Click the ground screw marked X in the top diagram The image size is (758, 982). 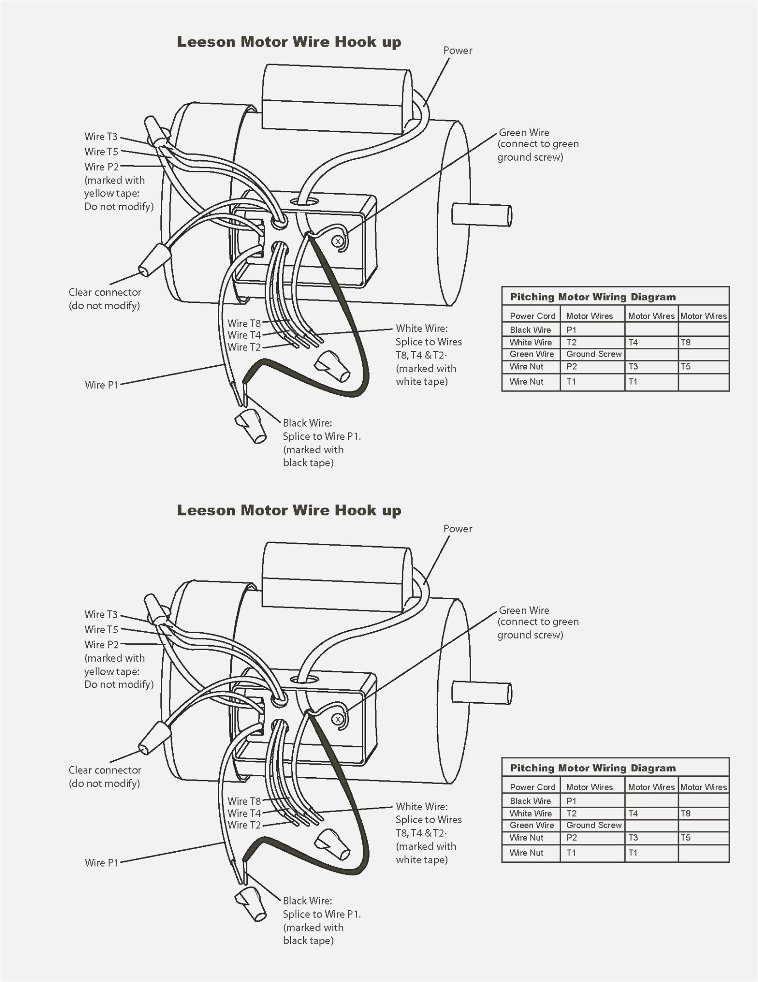pyautogui.click(x=338, y=241)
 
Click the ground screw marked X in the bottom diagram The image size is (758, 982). pyautogui.click(x=338, y=719)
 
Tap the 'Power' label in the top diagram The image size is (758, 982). pyautogui.click(x=457, y=51)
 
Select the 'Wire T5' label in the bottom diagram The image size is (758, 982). pyautogui.click(x=101, y=629)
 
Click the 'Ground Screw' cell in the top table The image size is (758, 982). pyautogui.click(x=593, y=354)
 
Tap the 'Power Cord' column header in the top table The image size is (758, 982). pyautogui.click(x=532, y=316)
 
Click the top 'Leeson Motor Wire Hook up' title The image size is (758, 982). pyautogui.click(x=289, y=42)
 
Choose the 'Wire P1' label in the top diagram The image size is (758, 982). pyautogui.click(x=102, y=385)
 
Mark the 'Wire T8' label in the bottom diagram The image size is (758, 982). pyautogui.click(x=244, y=801)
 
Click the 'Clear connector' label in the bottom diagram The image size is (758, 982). pyautogui.click(x=105, y=770)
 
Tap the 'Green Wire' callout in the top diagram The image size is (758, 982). pyautogui.click(x=524, y=133)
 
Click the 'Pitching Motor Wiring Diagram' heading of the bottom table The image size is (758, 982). pyautogui.click(x=593, y=768)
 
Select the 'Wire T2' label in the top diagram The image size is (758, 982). pyautogui.click(x=244, y=347)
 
